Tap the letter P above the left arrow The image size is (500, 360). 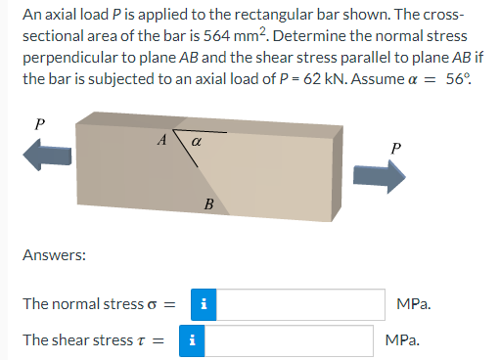pyautogui.click(x=39, y=124)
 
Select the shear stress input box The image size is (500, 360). pyautogui.click(x=288, y=340)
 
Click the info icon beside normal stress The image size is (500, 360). pyautogui.click(x=193, y=303)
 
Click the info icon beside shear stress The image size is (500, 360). pyautogui.click(x=193, y=340)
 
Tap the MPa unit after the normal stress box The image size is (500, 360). pyautogui.click(x=414, y=303)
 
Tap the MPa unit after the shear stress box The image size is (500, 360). pyautogui.click(x=402, y=340)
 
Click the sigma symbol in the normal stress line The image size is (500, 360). pyautogui.click(x=151, y=304)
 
